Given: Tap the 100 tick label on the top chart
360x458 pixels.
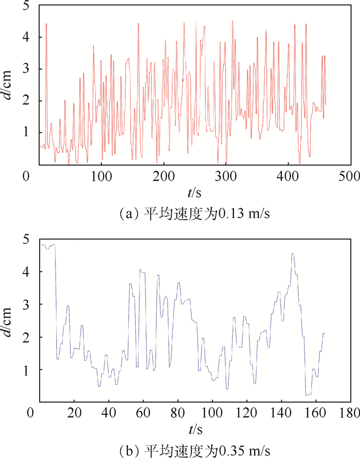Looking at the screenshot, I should [x=101, y=177].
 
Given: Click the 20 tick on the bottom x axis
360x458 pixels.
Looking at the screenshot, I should [x=74, y=401].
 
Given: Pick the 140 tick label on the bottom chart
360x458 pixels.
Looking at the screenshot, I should [x=281, y=413].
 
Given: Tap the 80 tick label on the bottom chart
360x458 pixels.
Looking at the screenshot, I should [x=178, y=413].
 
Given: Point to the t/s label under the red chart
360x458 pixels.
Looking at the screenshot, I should [x=194, y=192].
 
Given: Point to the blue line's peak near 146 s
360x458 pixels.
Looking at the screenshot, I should [x=293, y=254].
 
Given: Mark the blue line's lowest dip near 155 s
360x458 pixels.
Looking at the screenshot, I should [x=308, y=395].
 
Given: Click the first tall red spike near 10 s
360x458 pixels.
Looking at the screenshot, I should [x=46, y=24].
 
